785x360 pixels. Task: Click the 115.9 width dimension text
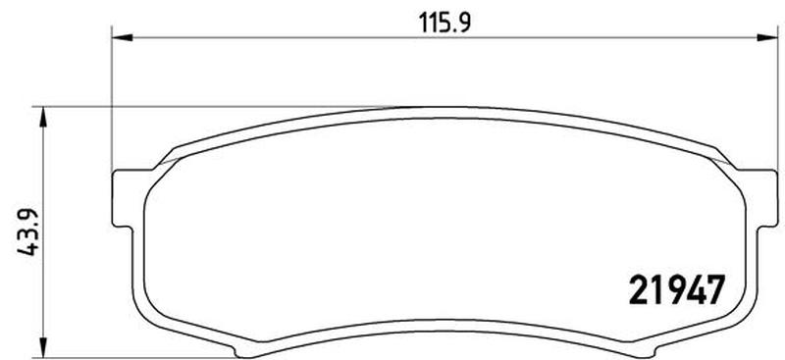click(x=445, y=23)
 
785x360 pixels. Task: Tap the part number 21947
click(x=676, y=290)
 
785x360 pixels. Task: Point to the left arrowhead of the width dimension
click(x=122, y=37)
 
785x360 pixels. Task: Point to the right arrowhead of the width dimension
click(x=767, y=37)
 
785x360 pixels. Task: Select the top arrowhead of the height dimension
click(x=43, y=117)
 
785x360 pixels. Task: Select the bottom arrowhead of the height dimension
click(x=43, y=347)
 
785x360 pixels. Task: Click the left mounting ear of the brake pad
click(x=124, y=199)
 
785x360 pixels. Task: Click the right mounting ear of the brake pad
click(x=766, y=199)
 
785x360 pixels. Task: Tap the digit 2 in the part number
click(x=638, y=290)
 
